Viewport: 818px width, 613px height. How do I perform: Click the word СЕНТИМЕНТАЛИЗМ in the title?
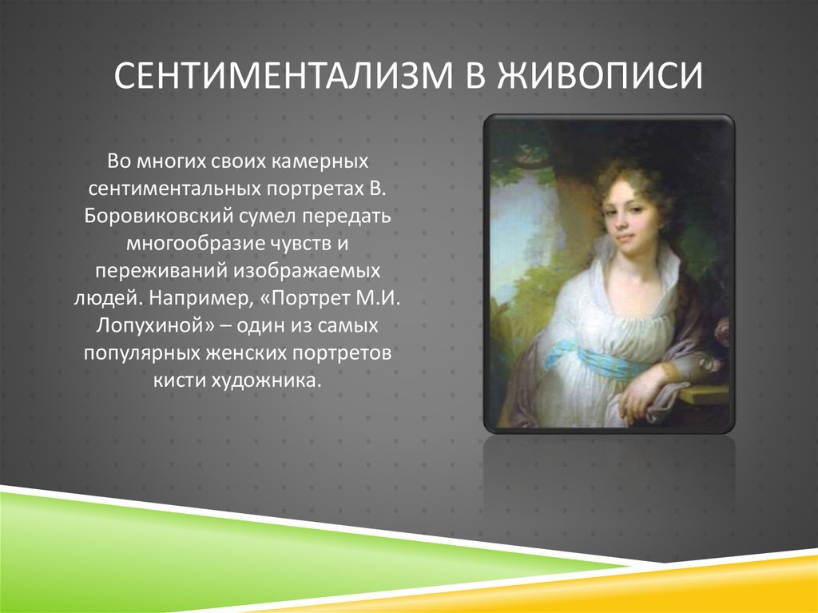[284, 74]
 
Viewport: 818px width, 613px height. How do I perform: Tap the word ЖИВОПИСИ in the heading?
[600, 74]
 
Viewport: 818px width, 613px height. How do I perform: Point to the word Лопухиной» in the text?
[156, 325]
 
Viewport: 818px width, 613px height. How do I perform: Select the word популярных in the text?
[142, 353]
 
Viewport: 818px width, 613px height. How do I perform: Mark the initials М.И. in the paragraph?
[378, 297]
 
